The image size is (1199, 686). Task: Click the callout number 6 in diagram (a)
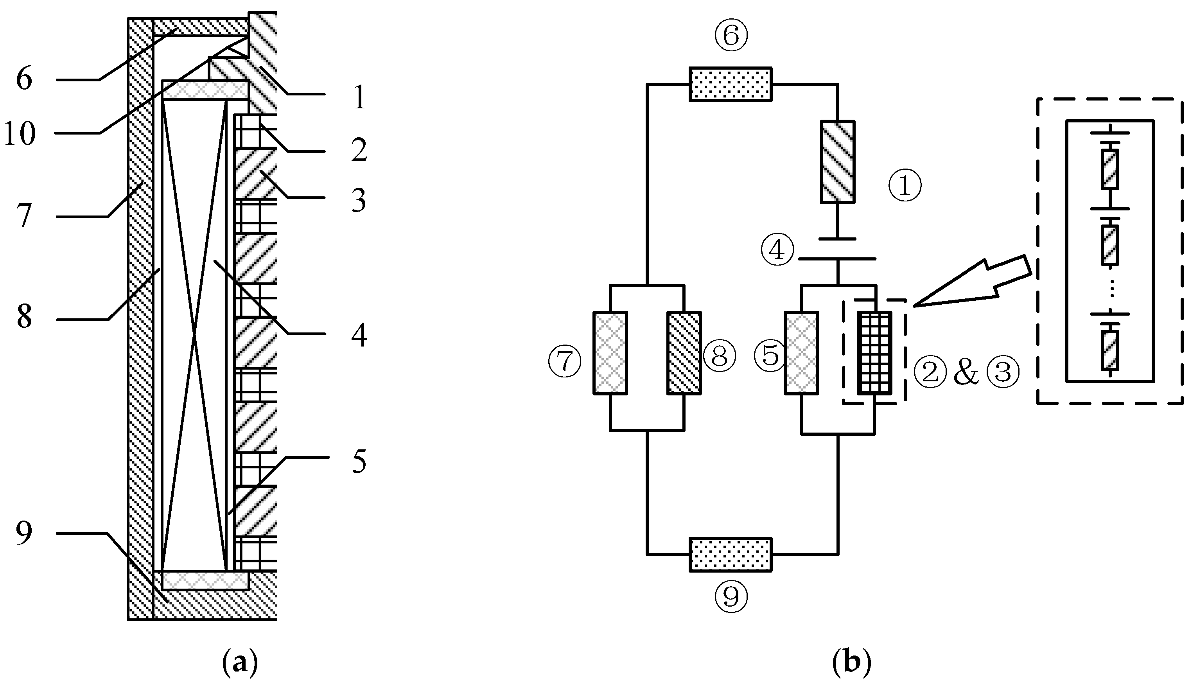[24, 79]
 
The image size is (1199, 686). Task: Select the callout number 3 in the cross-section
[359, 200]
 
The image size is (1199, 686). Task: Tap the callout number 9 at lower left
[24, 533]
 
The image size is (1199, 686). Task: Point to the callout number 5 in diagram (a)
[359, 462]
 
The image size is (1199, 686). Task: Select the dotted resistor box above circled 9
[730, 555]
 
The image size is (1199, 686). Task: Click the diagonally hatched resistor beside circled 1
[838, 162]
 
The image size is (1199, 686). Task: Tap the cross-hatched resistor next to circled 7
[610, 352]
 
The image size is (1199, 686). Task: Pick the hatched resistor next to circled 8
[684, 352]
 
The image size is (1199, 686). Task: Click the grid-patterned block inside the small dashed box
[874, 352]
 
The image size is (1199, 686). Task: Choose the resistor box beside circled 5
[801, 352]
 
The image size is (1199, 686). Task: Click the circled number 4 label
[777, 250]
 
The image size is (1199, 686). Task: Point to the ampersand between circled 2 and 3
[966, 374]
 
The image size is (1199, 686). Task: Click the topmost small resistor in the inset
[1109, 169]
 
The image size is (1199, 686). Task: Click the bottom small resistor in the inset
[1109, 350]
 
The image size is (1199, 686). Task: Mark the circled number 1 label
[904, 186]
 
